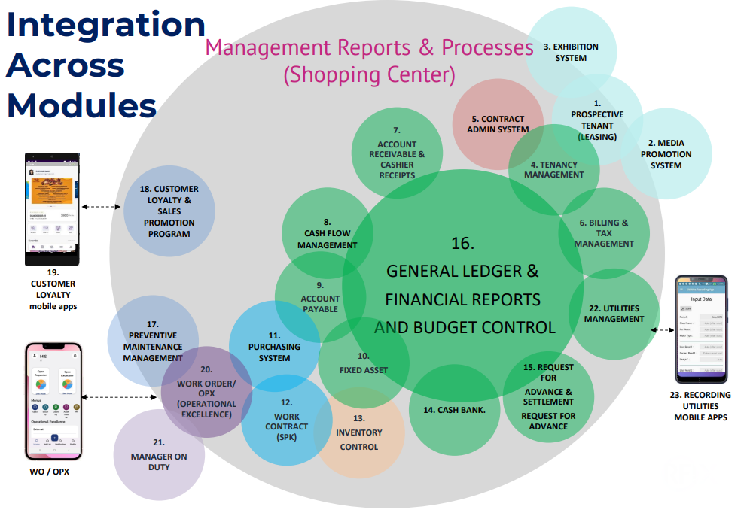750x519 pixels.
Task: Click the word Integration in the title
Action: click(x=105, y=25)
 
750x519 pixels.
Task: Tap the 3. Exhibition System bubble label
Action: click(x=570, y=52)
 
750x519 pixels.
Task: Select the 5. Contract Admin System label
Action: click(x=498, y=124)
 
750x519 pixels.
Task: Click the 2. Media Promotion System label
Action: click(x=666, y=154)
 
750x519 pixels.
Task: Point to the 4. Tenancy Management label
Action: click(x=553, y=169)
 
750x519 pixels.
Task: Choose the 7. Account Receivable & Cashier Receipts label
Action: click(x=397, y=154)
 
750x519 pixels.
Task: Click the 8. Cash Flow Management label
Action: click(x=327, y=233)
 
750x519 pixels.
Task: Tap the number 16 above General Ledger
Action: click(x=462, y=244)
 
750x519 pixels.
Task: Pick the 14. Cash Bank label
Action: click(x=454, y=410)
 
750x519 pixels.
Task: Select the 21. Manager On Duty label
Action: click(x=158, y=455)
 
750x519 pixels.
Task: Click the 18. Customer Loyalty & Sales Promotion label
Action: click(x=169, y=211)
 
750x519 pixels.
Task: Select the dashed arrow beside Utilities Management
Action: click(x=661, y=329)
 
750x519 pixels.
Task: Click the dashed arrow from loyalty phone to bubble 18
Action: click(x=101, y=206)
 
